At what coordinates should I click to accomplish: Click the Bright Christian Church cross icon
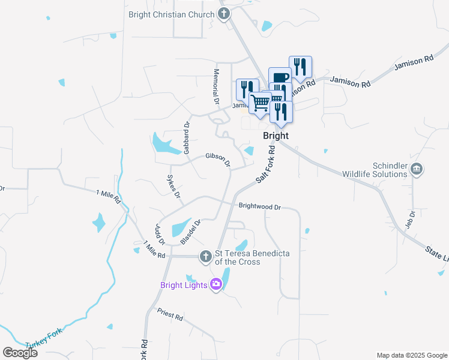pyautogui.click(x=224, y=14)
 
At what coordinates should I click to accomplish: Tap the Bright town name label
pyautogui.click(x=276, y=136)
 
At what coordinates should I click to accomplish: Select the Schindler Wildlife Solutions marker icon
pyautogui.click(x=417, y=169)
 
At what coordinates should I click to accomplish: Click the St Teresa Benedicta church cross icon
pyautogui.click(x=205, y=257)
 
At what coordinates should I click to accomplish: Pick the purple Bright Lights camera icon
pyautogui.click(x=216, y=285)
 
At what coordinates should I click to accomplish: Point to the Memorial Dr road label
pyautogui.click(x=215, y=85)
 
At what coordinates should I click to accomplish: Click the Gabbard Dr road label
pyautogui.click(x=187, y=139)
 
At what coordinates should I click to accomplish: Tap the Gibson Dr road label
pyautogui.click(x=218, y=159)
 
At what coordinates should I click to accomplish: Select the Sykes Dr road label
pyautogui.click(x=173, y=186)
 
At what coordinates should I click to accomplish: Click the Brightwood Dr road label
pyautogui.click(x=260, y=206)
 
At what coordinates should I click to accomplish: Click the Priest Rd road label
pyautogui.click(x=170, y=313)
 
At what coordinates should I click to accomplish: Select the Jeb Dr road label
pyautogui.click(x=412, y=218)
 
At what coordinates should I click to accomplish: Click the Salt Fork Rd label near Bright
pyautogui.click(x=265, y=164)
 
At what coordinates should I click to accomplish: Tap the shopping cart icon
pyautogui.click(x=260, y=103)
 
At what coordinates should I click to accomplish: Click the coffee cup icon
pyautogui.click(x=280, y=77)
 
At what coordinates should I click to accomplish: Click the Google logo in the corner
pyautogui.click(x=20, y=353)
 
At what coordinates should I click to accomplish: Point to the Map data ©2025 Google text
pyautogui.click(x=411, y=355)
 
